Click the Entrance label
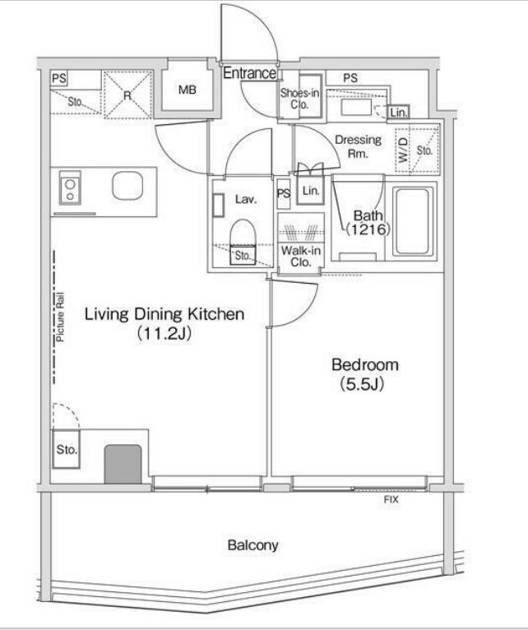(x=249, y=73)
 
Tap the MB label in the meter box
(x=188, y=90)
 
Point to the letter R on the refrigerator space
(x=127, y=95)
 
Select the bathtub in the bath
(x=412, y=221)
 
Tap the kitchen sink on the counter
(x=127, y=186)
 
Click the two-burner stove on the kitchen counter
(x=70, y=188)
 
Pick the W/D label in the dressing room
(x=403, y=151)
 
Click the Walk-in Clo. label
(x=301, y=257)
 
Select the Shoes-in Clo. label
(x=299, y=99)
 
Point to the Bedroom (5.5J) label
(x=365, y=374)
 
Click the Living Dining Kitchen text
(x=164, y=314)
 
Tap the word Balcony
(x=252, y=545)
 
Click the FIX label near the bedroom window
(x=391, y=500)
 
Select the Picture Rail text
(x=60, y=317)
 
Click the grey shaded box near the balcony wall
(x=123, y=464)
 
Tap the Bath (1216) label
(x=368, y=222)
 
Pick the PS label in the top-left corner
(x=59, y=78)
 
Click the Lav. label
(x=246, y=199)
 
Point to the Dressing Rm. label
(x=358, y=146)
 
